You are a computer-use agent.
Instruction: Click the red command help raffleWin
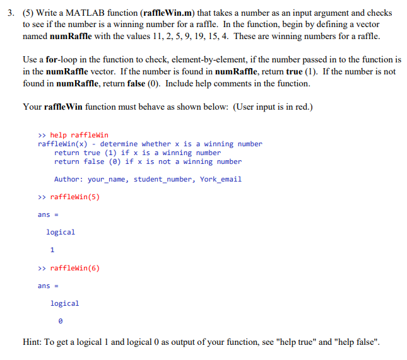click(x=80, y=135)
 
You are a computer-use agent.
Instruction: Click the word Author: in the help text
click(x=69, y=179)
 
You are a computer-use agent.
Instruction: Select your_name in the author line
click(x=109, y=179)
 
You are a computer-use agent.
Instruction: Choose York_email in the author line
click(x=221, y=179)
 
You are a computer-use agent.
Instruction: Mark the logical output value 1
click(x=52, y=250)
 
